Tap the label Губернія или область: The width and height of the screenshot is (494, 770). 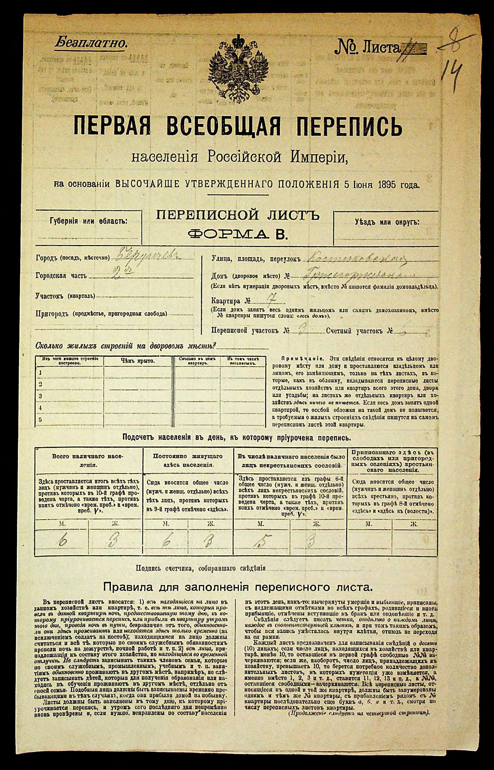coord(88,221)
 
